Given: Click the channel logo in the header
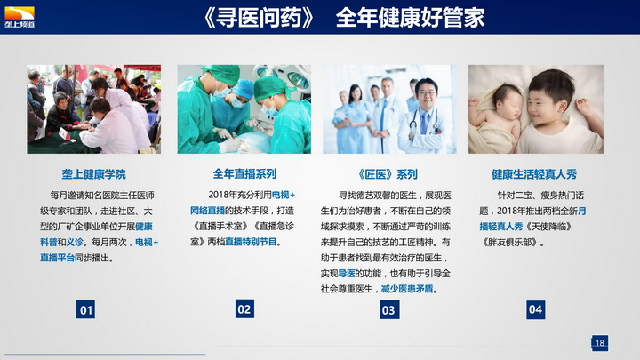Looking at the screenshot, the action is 20,17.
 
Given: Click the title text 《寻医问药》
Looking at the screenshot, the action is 259,18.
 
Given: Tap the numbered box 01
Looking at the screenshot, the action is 85,309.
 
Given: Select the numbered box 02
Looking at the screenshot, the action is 244,309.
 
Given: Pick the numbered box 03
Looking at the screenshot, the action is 389,310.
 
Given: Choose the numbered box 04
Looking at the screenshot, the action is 535,309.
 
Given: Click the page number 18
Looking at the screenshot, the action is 600,343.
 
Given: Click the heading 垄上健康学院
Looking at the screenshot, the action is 94,174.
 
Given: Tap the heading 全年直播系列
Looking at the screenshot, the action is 244,174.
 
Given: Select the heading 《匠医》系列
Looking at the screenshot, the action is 388,174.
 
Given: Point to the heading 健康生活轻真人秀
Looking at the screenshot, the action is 534,174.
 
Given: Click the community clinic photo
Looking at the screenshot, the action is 94,109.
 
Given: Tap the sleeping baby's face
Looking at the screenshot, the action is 507,101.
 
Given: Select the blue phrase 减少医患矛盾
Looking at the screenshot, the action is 407,289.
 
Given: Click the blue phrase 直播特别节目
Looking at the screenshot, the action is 251,242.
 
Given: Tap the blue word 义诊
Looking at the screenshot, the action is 75,242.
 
